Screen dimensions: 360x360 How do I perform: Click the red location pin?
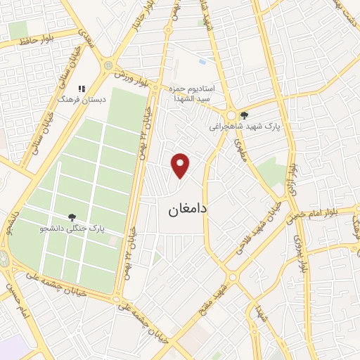181,165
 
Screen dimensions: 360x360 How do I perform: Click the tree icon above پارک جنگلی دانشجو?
72,217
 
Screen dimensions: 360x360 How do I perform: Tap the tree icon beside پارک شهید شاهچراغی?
244,115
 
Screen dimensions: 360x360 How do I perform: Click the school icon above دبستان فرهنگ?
82,89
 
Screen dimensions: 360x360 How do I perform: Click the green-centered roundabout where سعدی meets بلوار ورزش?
108,66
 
